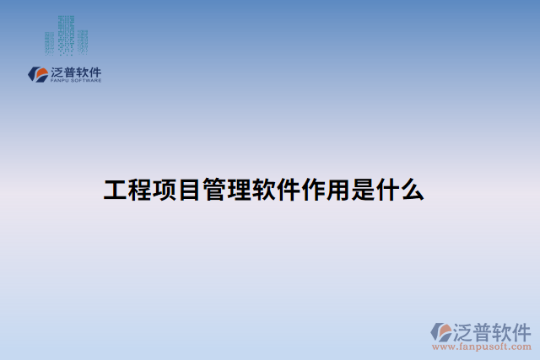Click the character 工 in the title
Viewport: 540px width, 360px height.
click(x=115, y=190)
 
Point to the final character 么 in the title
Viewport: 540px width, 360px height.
click(x=413, y=190)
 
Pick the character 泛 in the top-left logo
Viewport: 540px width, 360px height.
click(x=58, y=73)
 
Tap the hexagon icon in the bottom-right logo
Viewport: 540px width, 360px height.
click(x=442, y=331)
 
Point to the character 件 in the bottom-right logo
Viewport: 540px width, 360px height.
click(x=521, y=330)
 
